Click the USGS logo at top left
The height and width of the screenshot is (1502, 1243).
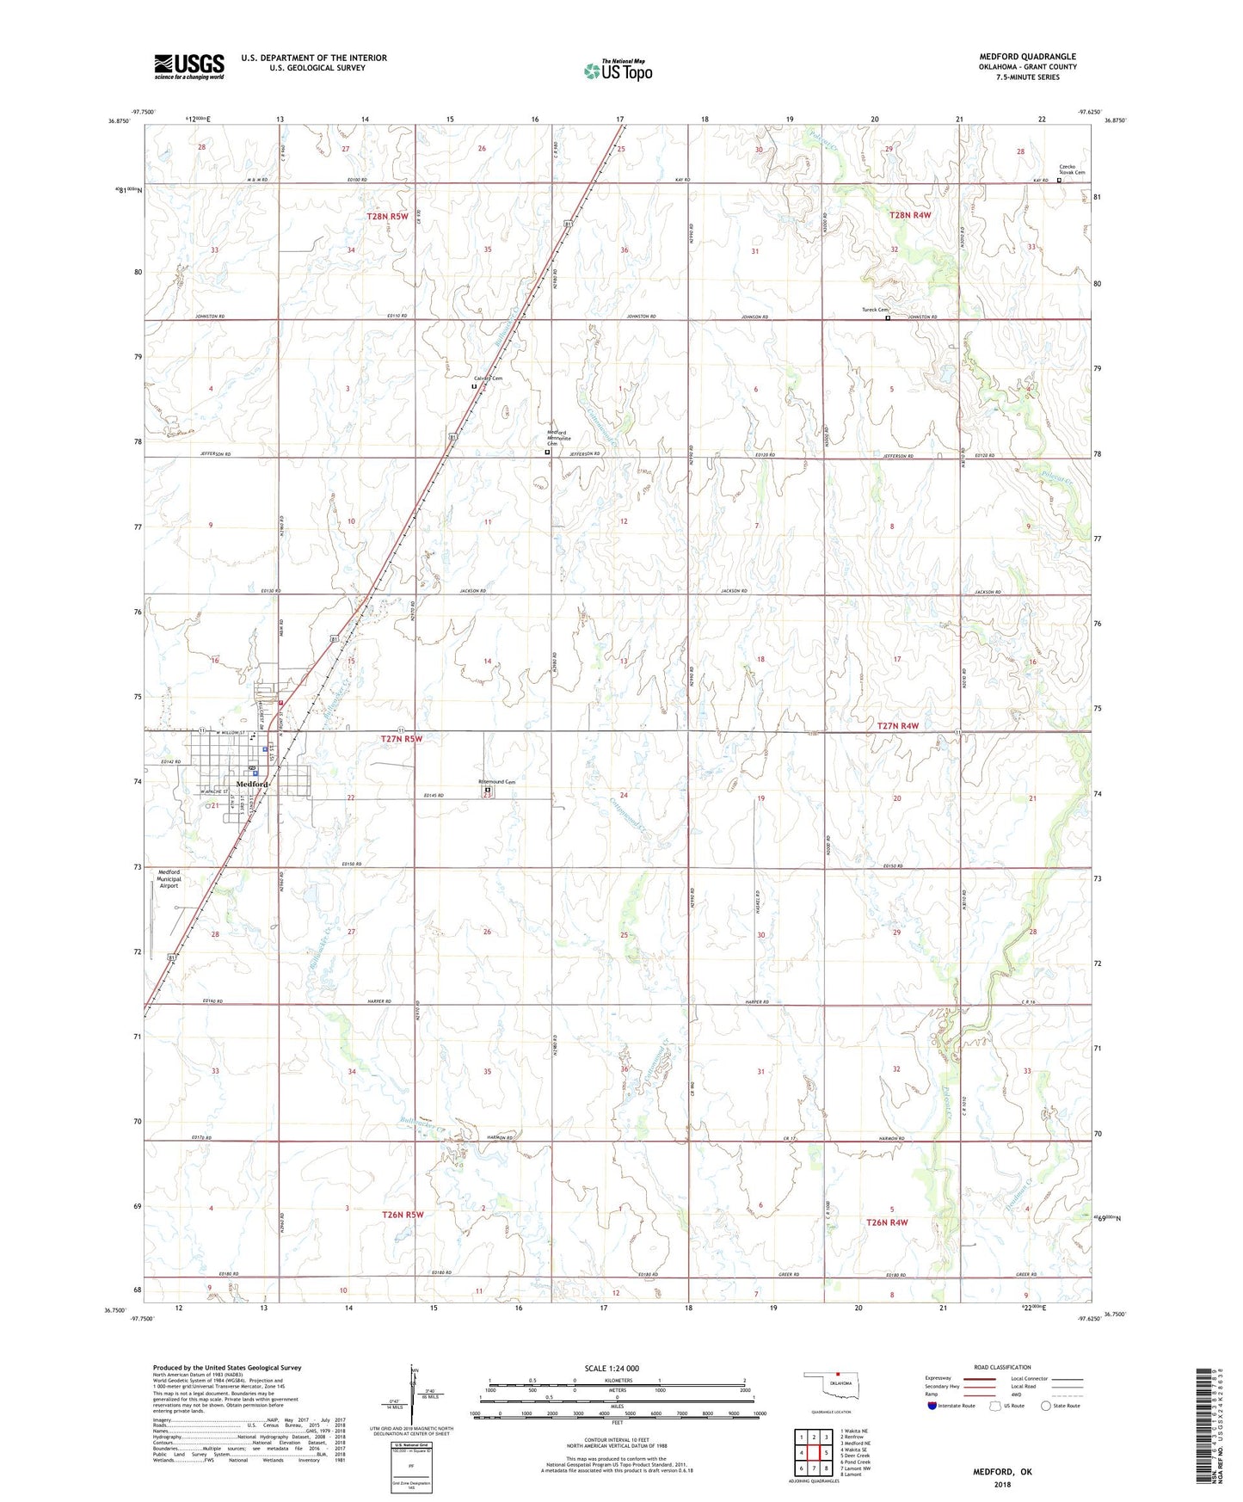click(189, 65)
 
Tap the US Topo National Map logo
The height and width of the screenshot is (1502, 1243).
click(618, 71)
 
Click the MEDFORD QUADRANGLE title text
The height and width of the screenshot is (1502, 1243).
click(1027, 57)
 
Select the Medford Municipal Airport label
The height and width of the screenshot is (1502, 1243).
click(169, 878)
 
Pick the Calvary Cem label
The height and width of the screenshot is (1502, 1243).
click(488, 379)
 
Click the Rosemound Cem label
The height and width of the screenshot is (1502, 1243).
click(497, 781)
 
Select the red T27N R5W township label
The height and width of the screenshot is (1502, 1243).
click(402, 738)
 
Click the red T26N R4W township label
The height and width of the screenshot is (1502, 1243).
click(887, 1222)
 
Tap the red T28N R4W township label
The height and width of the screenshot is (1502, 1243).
click(910, 216)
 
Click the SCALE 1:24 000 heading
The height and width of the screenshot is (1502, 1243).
click(612, 1368)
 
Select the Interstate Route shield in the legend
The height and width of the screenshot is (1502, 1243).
click(932, 1406)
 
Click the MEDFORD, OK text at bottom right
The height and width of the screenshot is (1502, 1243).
click(1002, 1472)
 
